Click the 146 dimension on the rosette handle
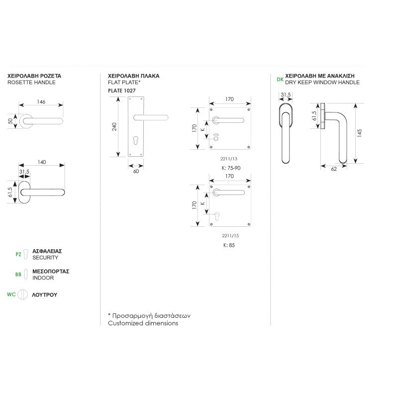41,102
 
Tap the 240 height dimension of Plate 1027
114,127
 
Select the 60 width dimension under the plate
136,171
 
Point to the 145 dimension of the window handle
359,133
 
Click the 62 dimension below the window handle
334,169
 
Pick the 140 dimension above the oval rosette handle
42,162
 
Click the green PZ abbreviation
18,254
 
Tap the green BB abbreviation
18,275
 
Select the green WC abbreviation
11,295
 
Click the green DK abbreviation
280,80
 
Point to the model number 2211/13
229,159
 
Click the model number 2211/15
230,236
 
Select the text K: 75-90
231,168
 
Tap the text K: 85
229,245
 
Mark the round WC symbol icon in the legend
22,295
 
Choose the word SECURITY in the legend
45,258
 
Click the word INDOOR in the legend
43,278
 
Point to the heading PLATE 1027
122,91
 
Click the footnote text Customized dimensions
143,323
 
